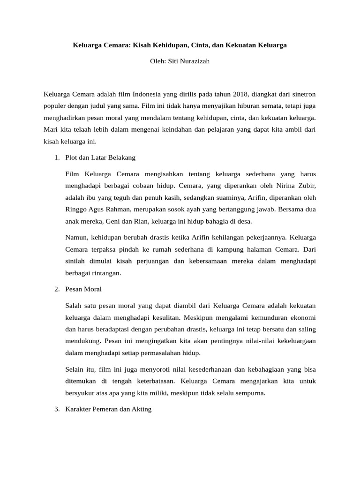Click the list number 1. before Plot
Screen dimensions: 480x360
57,157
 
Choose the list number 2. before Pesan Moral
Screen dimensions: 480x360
57,289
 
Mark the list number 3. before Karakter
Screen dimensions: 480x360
57,409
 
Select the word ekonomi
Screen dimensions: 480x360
303,316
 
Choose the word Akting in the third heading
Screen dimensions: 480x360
142,409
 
